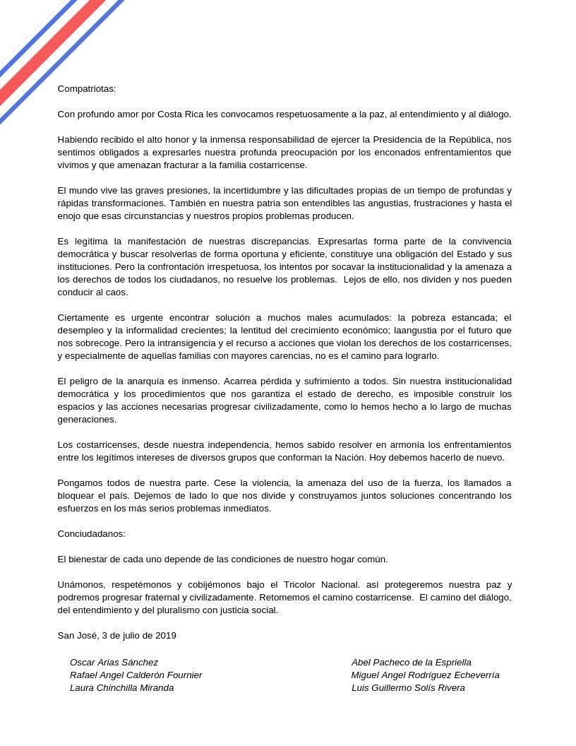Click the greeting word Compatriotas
86,89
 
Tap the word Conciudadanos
91,534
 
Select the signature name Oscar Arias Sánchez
114,663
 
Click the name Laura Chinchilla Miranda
121,688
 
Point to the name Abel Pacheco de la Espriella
411,663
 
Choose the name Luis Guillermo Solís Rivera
408,688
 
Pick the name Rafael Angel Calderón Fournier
136,675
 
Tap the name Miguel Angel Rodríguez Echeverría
425,675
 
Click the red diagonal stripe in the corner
49,49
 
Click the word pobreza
432,318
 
